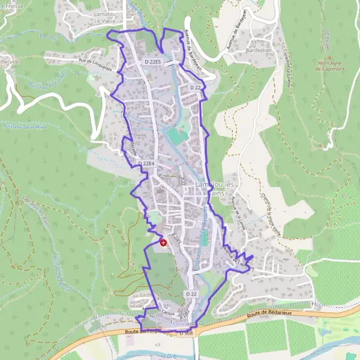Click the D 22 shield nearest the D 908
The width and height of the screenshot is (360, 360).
click(x=191, y=293)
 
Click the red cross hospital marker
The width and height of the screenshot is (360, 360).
click(x=164, y=242)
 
